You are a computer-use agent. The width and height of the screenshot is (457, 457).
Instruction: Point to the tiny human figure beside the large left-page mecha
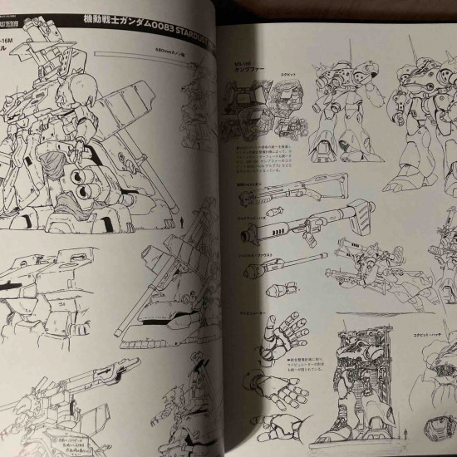182,223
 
